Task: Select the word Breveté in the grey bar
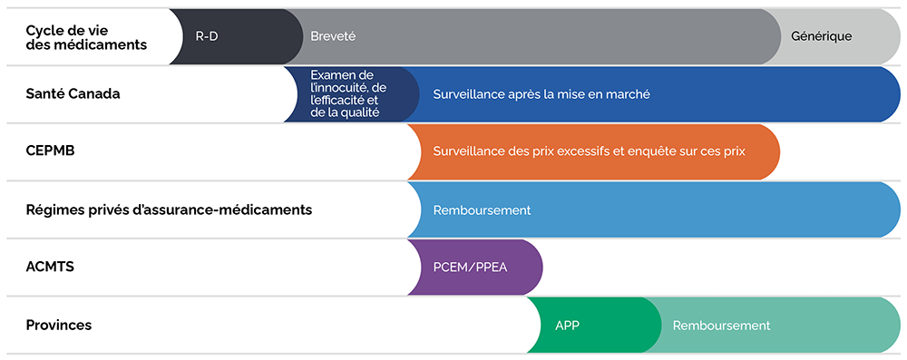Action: pos(333,36)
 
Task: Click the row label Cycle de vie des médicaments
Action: pos(86,36)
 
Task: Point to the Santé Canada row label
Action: pos(73,93)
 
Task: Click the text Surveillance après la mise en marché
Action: pos(541,94)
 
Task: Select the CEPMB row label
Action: pos(50,151)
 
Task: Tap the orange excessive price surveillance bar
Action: pos(593,151)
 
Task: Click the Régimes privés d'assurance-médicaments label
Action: pos(169,209)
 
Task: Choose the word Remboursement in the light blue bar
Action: pos(482,209)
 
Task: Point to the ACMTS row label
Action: pos(50,267)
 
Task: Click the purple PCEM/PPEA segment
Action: pos(475,267)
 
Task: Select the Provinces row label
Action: pos(59,325)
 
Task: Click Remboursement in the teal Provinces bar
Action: pos(721,326)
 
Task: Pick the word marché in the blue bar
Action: pos(631,94)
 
